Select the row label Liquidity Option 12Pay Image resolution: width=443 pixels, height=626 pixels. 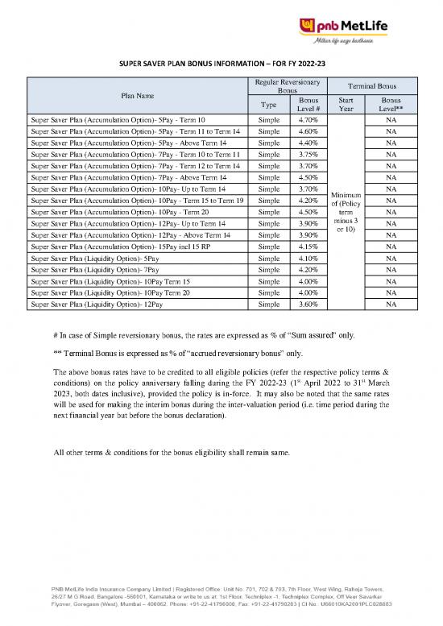[96, 305]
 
